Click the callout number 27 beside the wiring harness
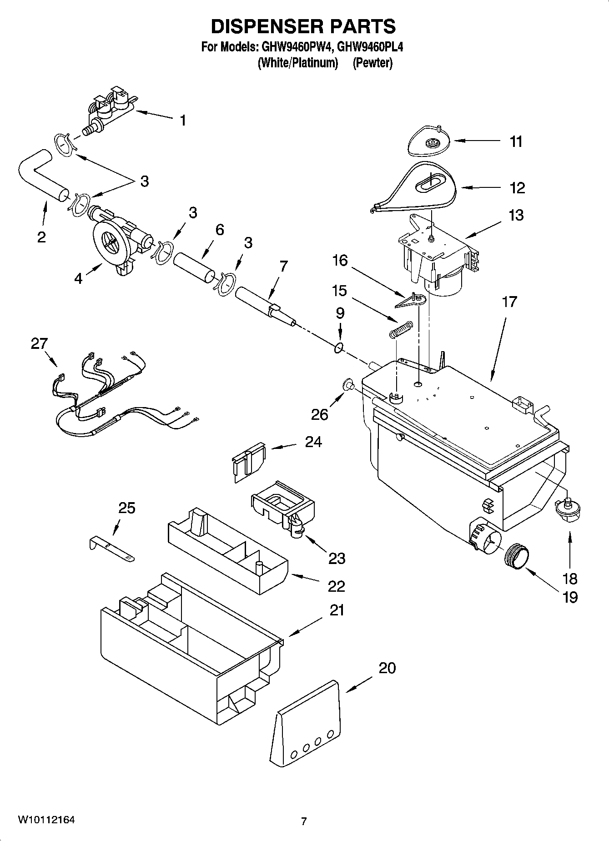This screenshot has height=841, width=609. click(x=39, y=343)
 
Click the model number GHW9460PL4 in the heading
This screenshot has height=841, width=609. click(x=371, y=47)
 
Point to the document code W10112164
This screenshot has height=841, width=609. click(x=46, y=820)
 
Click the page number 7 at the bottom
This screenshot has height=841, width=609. click(x=304, y=821)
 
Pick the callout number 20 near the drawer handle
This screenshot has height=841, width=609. click(x=387, y=668)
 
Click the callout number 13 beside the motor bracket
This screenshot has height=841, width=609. click(x=516, y=215)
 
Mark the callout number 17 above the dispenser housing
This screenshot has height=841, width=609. click(x=509, y=302)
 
